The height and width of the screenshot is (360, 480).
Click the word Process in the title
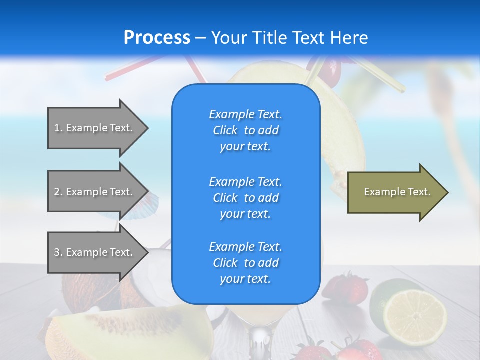click(x=157, y=38)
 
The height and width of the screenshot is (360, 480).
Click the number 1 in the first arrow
click(x=57, y=128)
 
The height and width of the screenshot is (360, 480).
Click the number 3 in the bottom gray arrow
click(x=57, y=252)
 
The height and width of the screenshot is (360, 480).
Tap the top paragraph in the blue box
click(x=245, y=130)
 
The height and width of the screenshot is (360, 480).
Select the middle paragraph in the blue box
click(x=245, y=198)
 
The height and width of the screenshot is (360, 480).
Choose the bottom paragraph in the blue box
click(x=245, y=263)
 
